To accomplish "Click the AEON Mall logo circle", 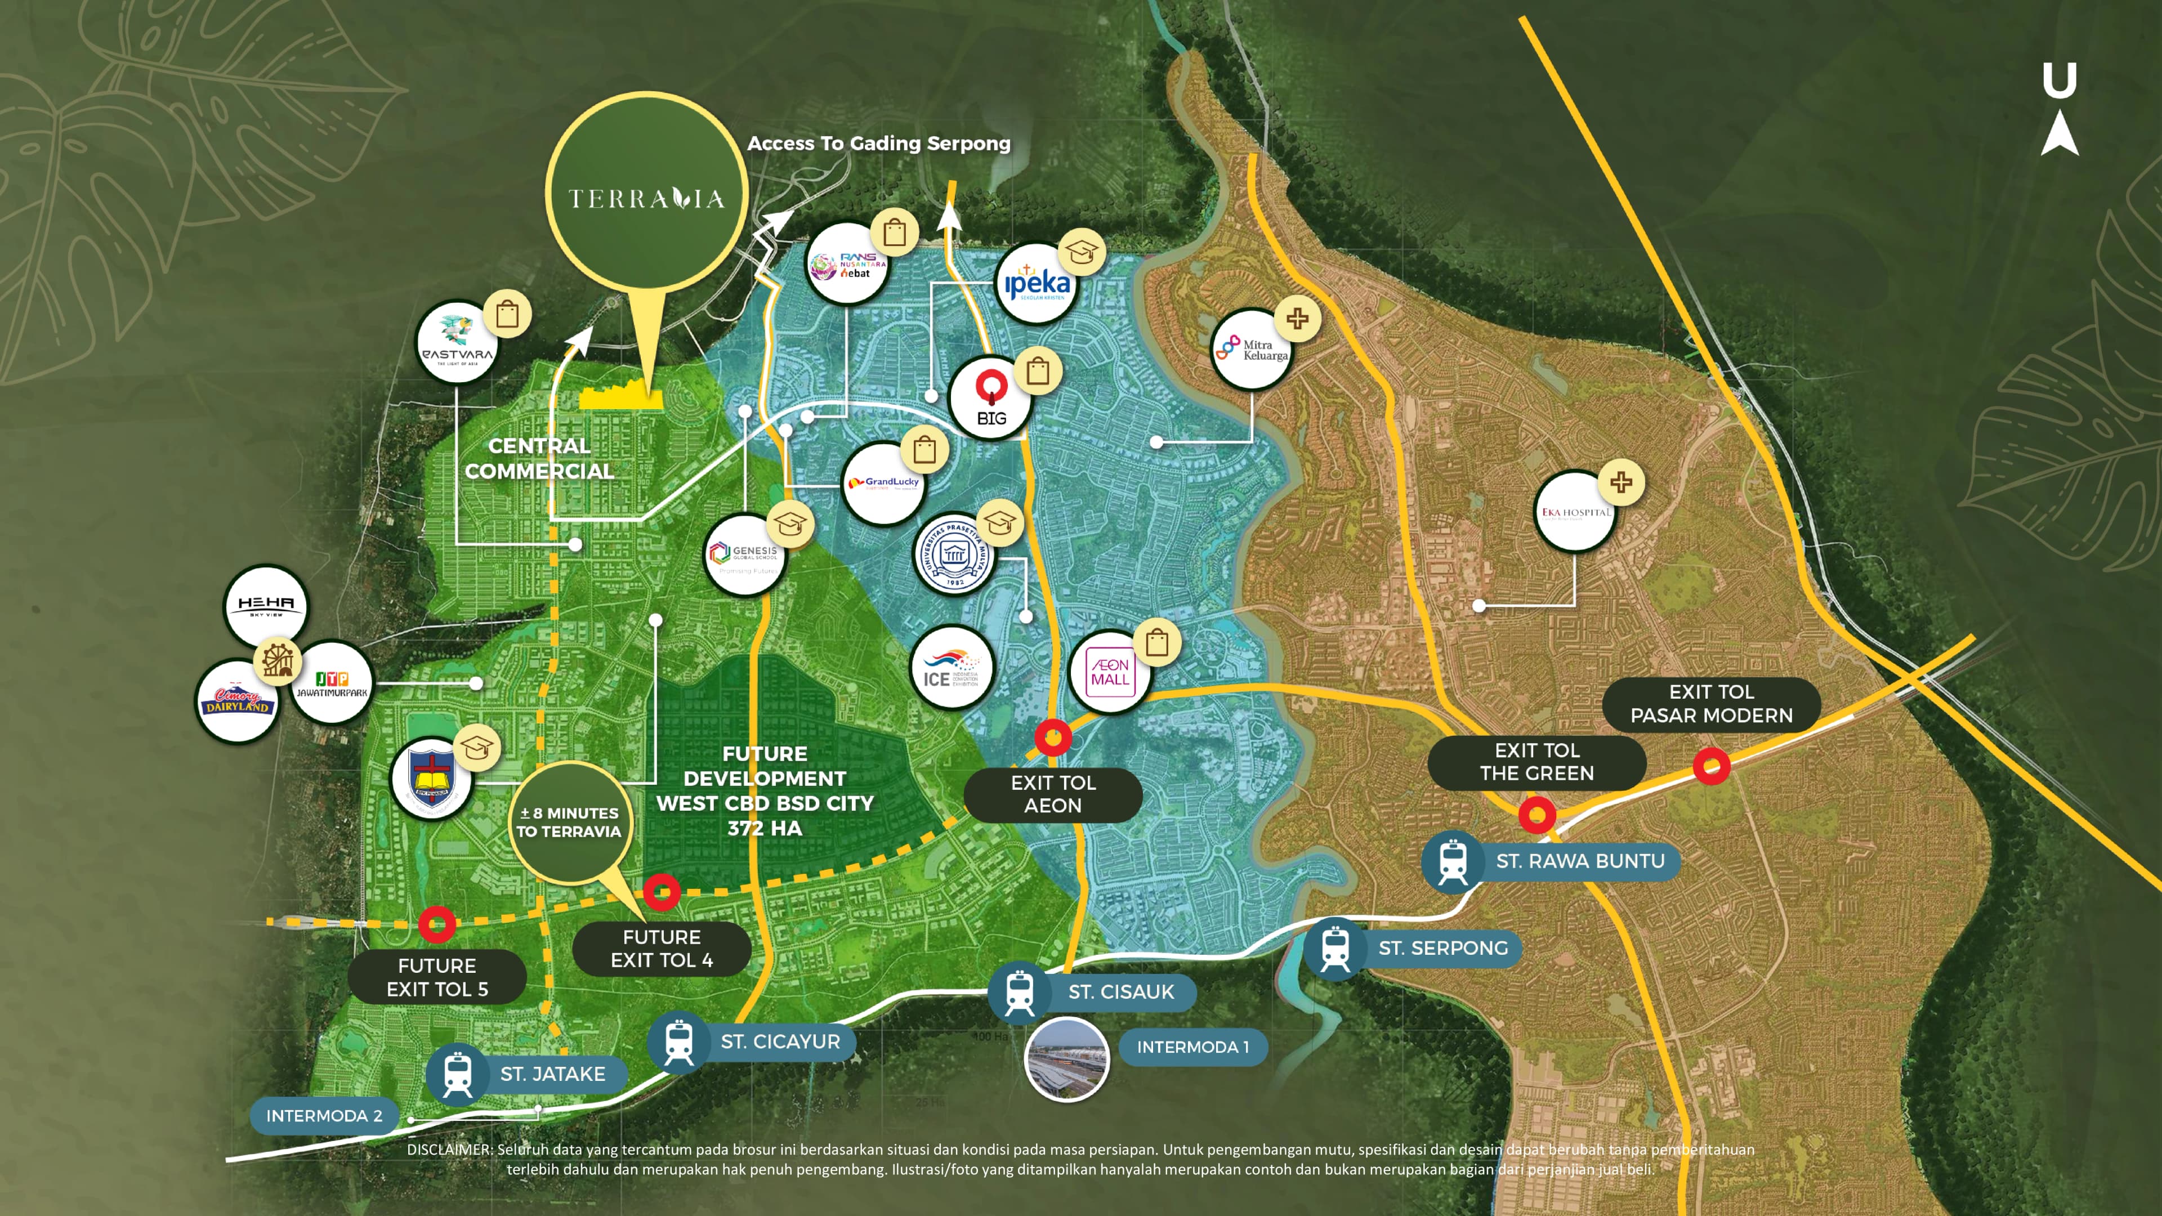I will pos(1110,672).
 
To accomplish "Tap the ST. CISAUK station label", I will pos(1120,992).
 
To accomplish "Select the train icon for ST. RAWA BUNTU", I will pos(1453,861).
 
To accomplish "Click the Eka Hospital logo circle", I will pos(1575,511).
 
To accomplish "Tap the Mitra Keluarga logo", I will pos(1252,349).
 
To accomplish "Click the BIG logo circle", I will pos(990,398).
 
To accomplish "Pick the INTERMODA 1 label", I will pos(1192,1047).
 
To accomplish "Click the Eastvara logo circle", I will pos(457,342).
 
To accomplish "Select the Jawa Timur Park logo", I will pos(332,682).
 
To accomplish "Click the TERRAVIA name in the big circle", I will pos(646,199).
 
